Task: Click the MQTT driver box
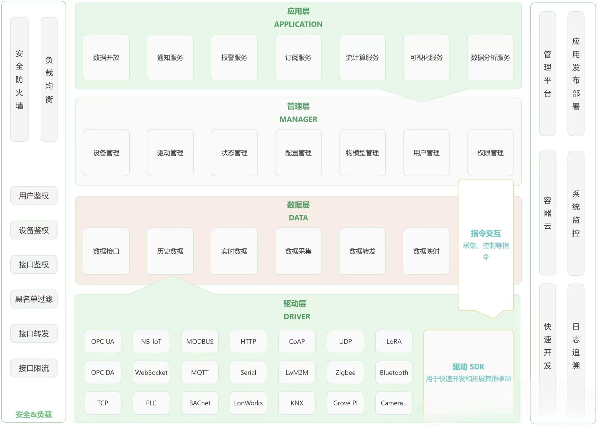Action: pos(200,372)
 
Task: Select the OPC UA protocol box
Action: pos(102,341)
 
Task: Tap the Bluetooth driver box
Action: pos(394,372)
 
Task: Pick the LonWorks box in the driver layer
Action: pos(248,403)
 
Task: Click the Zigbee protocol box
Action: pos(345,372)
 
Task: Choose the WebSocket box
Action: pos(151,372)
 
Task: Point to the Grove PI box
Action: pos(345,403)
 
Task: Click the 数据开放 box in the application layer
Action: pos(106,57)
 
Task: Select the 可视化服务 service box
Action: pos(426,57)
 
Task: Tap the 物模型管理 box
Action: pos(362,153)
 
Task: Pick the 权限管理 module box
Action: pos(490,153)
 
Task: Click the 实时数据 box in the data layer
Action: pos(234,251)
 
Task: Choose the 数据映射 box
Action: pos(426,251)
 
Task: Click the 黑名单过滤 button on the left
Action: pos(34,299)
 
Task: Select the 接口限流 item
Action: pos(34,368)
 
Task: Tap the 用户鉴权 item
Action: pos(34,196)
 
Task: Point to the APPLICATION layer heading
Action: pos(298,24)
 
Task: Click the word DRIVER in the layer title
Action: pos(297,316)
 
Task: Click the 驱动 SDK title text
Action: pos(468,367)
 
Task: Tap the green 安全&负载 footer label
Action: pos(33,414)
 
